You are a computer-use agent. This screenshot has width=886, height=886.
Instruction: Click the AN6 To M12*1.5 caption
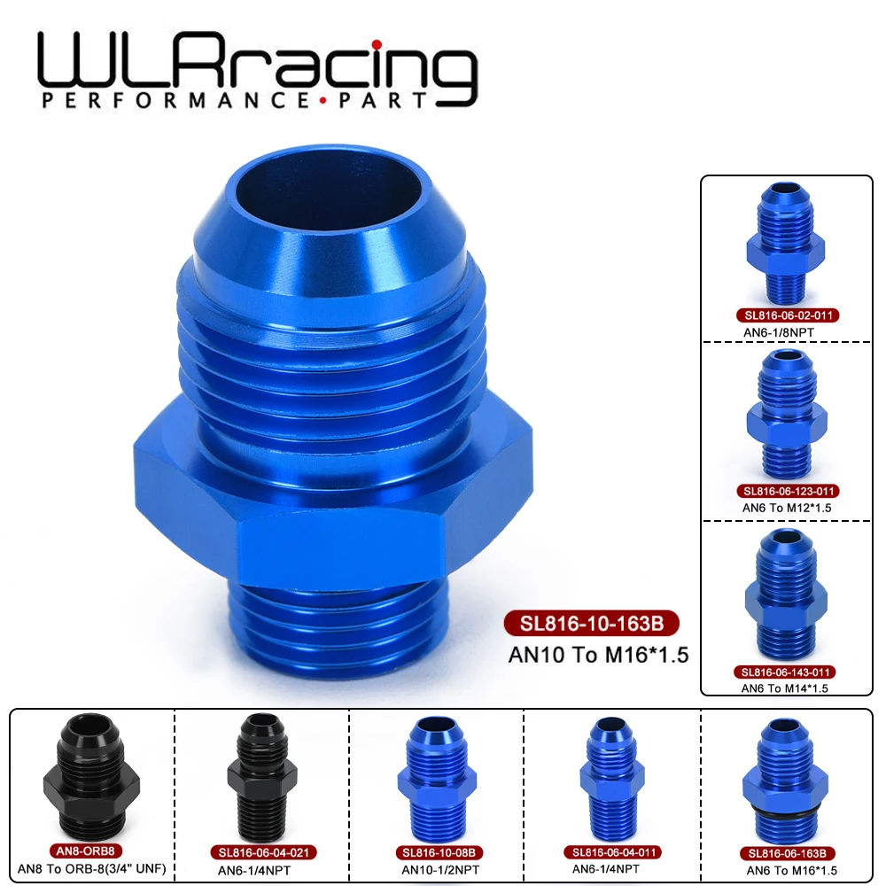coord(780,507)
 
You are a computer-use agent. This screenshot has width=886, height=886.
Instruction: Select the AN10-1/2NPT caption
coord(435,869)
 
